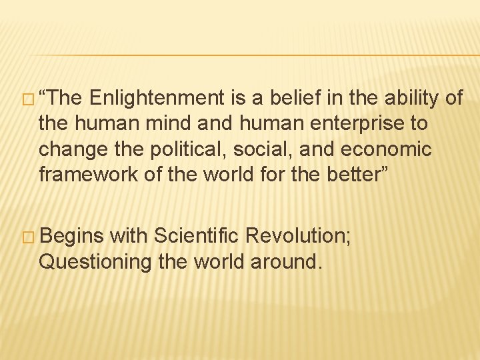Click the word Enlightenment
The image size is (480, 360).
click(157, 99)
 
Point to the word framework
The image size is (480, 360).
click(83, 175)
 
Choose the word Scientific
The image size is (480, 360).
click(194, 236)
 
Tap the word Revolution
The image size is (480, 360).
click(299, 236)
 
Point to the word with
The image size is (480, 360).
click(129, 236)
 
